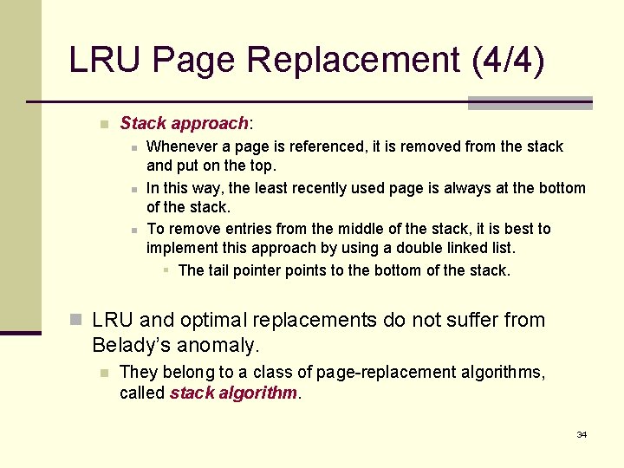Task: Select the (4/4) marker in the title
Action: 509,61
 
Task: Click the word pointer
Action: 259,270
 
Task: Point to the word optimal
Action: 221,321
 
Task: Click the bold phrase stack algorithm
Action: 234,393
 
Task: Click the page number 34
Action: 582,434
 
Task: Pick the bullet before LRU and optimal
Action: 76,321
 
